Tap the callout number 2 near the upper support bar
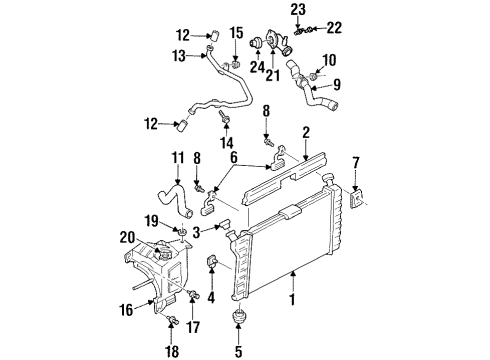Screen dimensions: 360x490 [306, 131]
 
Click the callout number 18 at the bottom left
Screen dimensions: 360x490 [171, 352]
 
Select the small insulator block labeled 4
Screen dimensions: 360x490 [212, 264]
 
